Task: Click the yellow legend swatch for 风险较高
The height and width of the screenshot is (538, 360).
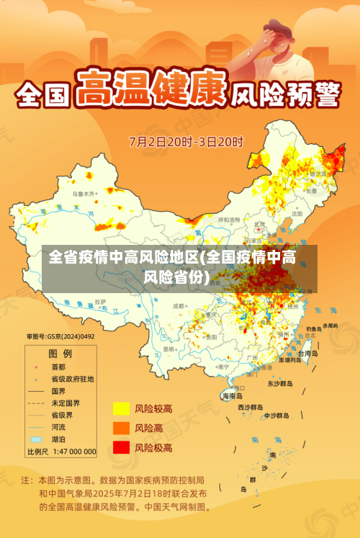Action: (x=120, y=409)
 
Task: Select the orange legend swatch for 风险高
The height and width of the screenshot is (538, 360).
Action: (x=120, y=428)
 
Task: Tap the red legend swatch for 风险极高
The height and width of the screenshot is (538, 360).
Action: (x=120, y=447)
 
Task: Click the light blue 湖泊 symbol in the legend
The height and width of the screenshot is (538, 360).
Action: (x=36, y=439)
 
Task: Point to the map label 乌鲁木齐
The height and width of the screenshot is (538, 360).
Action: (x=84, y=194)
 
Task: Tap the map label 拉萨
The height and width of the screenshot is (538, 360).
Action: (x=100, y=301)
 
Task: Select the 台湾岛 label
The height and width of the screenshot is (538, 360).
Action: (x=307, y=354)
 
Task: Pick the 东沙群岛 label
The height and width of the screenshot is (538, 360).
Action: (x=281, y=383)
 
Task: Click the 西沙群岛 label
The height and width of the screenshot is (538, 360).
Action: (x=251, y=407)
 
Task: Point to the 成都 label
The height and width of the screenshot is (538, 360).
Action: (x=180, y=307)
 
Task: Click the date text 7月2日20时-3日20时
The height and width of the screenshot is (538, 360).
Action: (x=186, y=141)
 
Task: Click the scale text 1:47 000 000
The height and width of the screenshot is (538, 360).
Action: (x=71, y=452)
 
